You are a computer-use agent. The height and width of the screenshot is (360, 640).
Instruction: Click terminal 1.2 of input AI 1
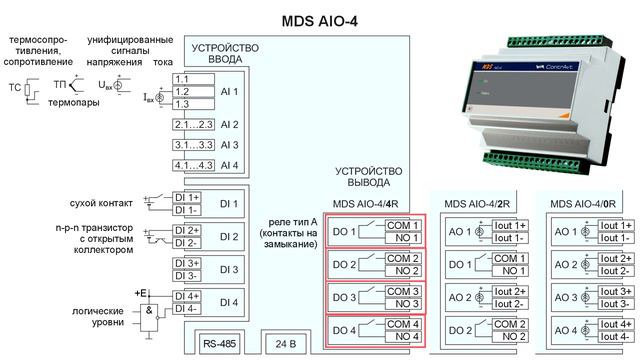click(184, 90)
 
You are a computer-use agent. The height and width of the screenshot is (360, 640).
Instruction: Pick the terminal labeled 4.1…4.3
click(192, 165)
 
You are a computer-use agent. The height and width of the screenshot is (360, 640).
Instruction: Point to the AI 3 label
click(229, 145)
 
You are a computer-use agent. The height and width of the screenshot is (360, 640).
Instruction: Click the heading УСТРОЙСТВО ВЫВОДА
click(370, 177)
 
